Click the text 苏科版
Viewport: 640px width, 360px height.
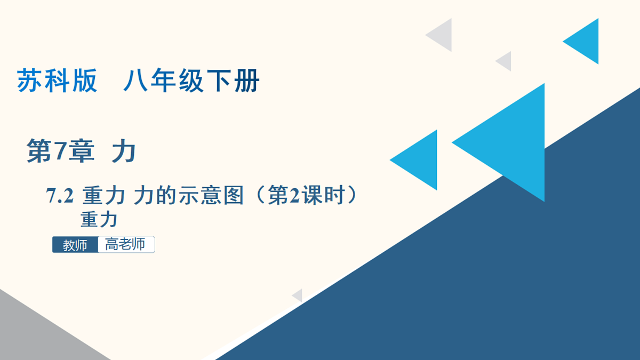(58, 82)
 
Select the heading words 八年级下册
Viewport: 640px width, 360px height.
(191, 82)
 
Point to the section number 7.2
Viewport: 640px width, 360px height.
(60, 197)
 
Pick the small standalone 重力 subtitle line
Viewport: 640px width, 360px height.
(99, 220)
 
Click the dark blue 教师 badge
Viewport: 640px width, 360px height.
(75, 245)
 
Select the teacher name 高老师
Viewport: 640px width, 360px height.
(126, 244)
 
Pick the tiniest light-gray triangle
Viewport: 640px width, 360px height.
(298, 295)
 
